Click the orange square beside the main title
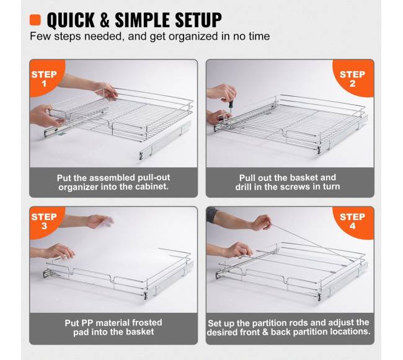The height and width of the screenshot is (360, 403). pyautogui.click(x=35, y=20)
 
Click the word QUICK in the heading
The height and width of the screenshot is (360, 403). pyautogui.click(x=71, y=20)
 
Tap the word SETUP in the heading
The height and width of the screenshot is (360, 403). pyautogui.click(x=198, y=20)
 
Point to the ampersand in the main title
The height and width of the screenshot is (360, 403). pyautogui.click(x=105, y=20)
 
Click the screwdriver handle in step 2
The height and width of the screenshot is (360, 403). pyautogui.click(x=231, y=105)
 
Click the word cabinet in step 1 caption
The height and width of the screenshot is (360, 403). pyautogui.click(x=152, y=187)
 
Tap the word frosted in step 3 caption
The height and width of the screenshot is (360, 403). pyautogui.click(x=147, y=322)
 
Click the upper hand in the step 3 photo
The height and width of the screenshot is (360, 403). pyautogui.click(x=100, y=221)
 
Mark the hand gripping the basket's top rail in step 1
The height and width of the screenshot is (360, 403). pyautogui.click(x=106, y=90)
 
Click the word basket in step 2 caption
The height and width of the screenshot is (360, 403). pyautogui.click(x=304, y=177)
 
